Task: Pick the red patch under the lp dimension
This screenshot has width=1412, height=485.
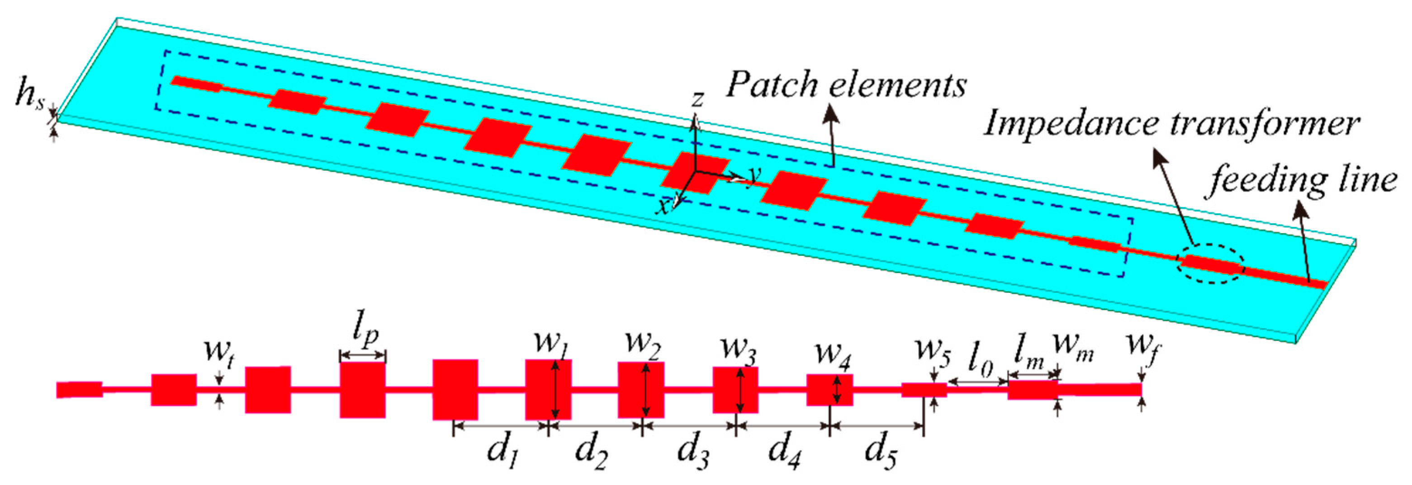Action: pos(363,390)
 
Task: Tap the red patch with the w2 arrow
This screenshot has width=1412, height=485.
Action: pos(641,390)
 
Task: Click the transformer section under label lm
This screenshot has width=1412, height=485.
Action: pos(1033,390)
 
